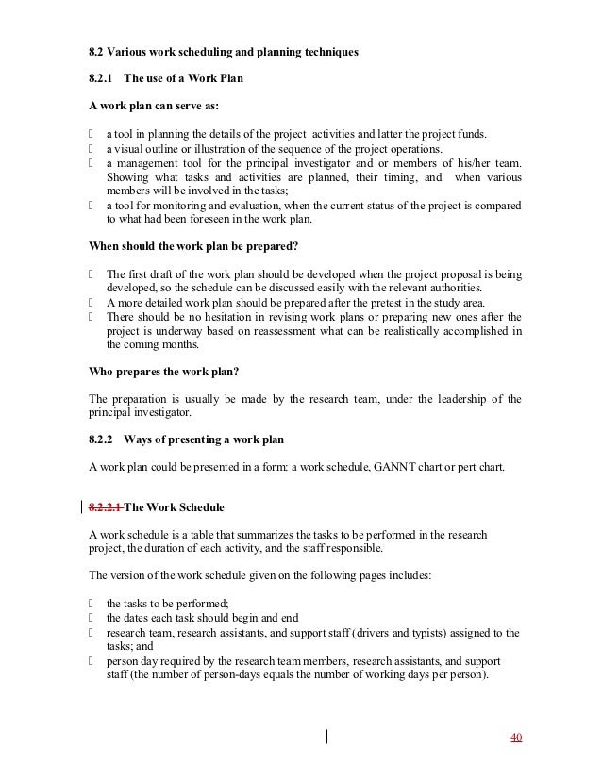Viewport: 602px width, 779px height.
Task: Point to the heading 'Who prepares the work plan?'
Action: [x=155, y=371]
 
